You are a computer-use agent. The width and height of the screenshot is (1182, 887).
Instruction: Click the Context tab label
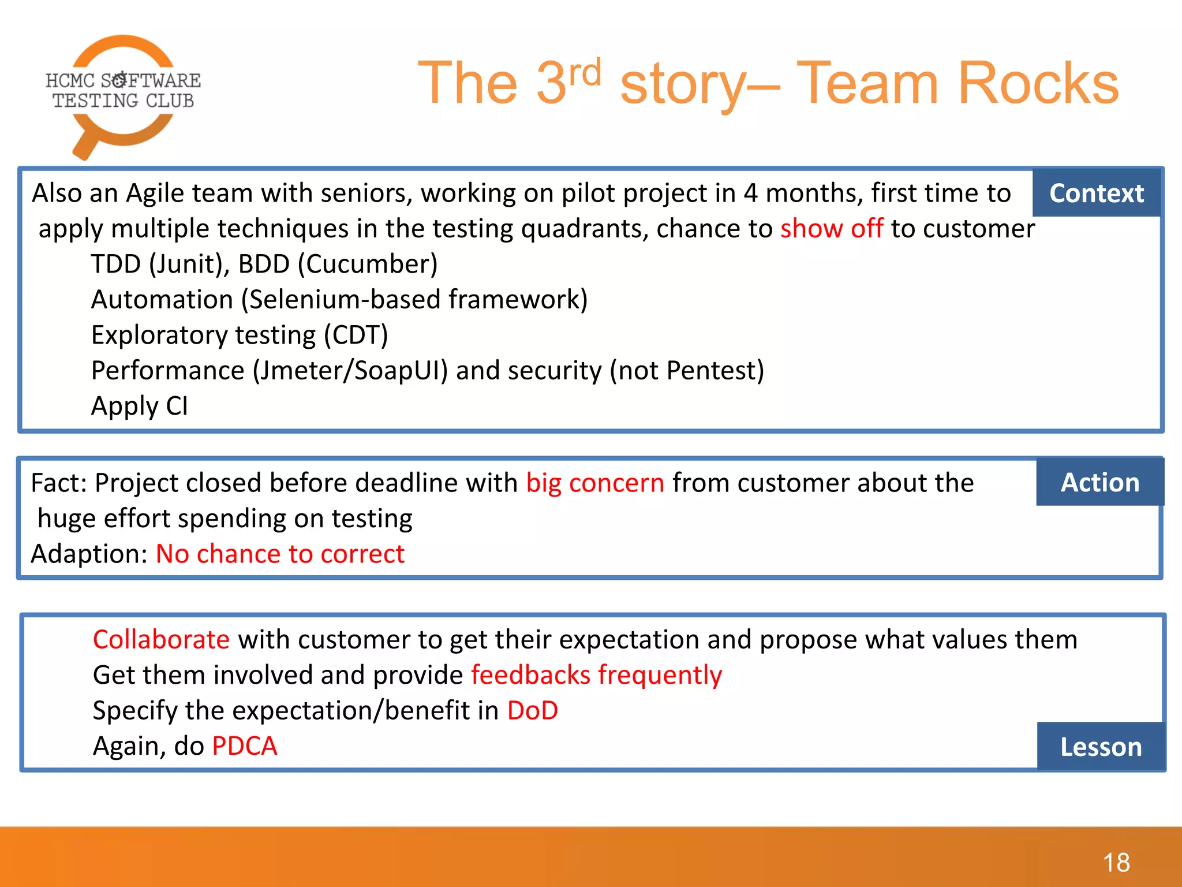1096,193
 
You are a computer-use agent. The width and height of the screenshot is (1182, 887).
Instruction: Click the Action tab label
1100,483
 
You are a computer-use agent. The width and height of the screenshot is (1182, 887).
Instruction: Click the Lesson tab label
1101,747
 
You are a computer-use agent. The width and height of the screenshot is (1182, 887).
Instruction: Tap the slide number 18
1116,863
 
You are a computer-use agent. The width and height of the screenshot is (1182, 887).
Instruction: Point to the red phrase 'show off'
831,229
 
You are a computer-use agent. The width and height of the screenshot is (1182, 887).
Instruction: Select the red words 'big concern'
595,483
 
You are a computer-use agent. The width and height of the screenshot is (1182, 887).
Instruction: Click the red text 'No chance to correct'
280,554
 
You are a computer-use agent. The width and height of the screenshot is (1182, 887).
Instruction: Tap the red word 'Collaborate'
162,640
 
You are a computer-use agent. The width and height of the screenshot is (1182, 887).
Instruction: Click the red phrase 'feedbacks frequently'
596,675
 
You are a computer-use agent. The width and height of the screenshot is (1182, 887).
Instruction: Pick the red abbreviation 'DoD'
532,711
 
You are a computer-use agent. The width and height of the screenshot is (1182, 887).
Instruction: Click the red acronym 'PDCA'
245,746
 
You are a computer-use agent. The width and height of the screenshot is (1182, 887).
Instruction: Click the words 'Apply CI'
140,406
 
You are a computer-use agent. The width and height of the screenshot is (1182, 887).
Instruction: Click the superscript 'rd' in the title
585,73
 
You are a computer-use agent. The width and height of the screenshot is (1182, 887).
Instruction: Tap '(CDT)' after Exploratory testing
356,336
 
